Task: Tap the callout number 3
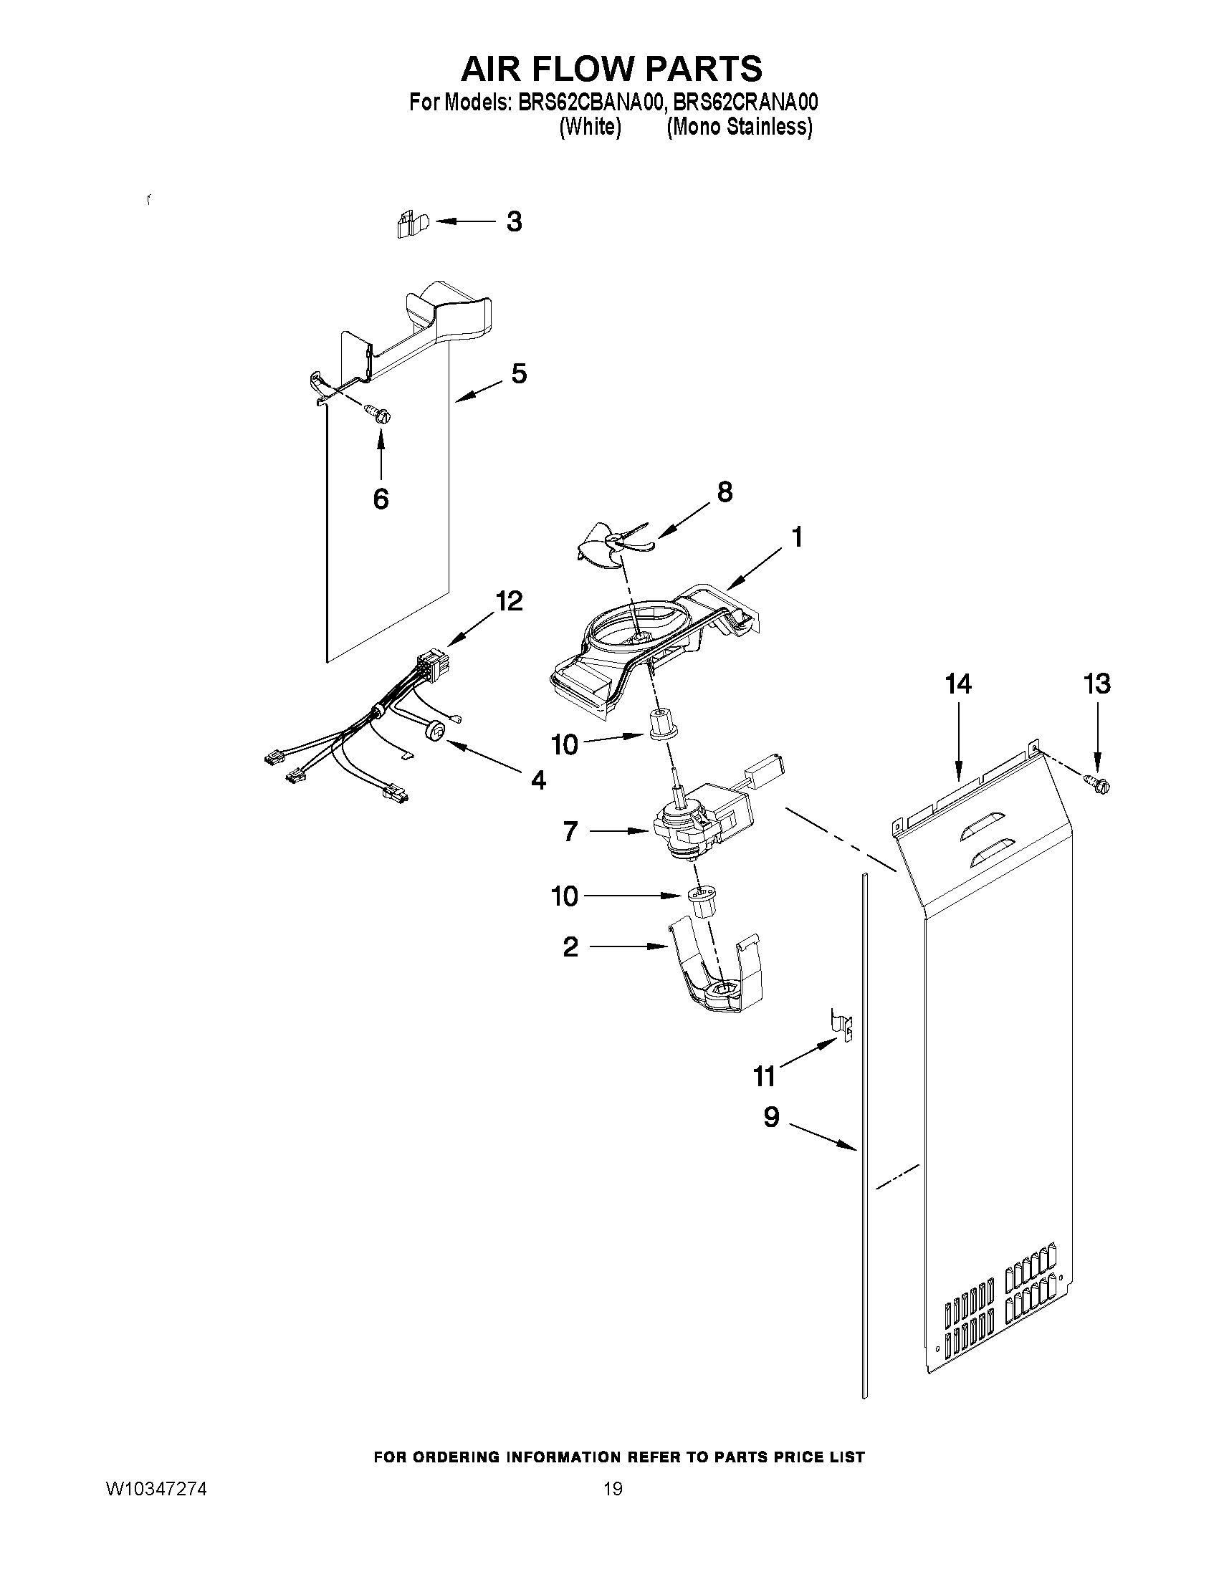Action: [513, 221]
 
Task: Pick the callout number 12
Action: [508, 600]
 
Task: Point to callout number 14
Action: [958, 683]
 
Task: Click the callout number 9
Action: [771, 1117]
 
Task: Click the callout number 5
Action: [519, 373]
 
